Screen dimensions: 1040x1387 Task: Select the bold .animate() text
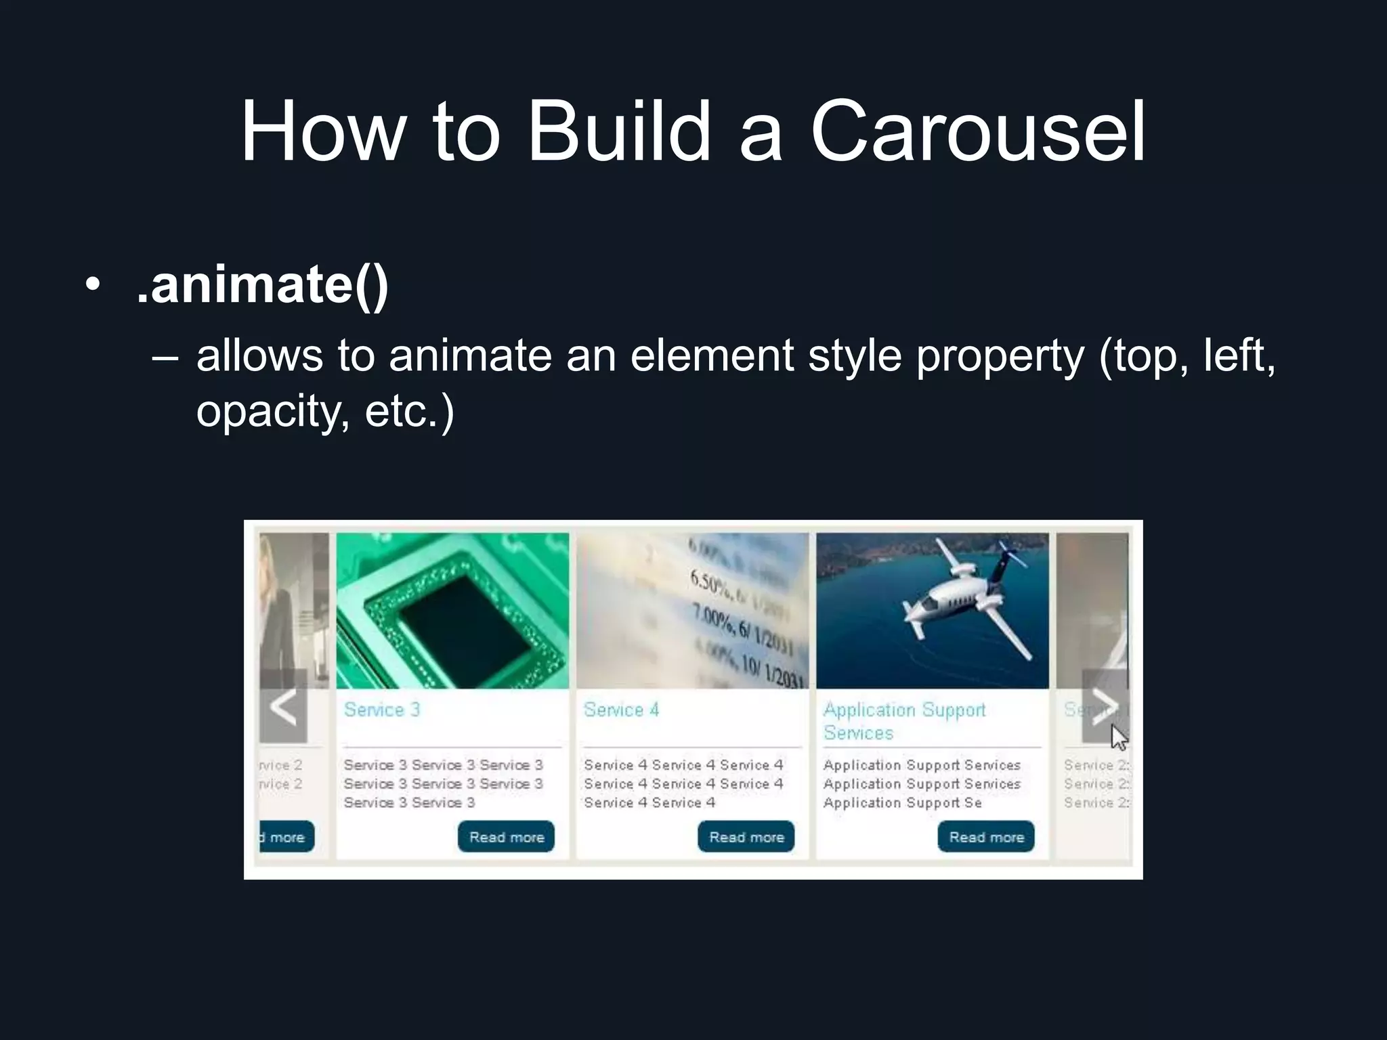pos(262,284)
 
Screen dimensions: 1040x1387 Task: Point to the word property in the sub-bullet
pos(1000,355)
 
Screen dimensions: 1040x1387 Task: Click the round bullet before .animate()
pos(92,284)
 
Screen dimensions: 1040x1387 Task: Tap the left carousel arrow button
pos(284,706)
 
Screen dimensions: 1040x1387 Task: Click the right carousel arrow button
pos(1104,706)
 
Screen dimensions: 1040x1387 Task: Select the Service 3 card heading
pos(382,710)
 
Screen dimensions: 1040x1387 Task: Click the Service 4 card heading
pos(621,710)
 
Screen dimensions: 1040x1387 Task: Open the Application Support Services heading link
pos(904,720)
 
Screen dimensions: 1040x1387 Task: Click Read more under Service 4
pos(746,837)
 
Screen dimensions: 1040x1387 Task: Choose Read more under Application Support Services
pos(986,837)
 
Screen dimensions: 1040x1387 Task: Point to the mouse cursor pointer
pos(1118,737)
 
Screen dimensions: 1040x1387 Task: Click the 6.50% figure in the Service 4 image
pos(711,583)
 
